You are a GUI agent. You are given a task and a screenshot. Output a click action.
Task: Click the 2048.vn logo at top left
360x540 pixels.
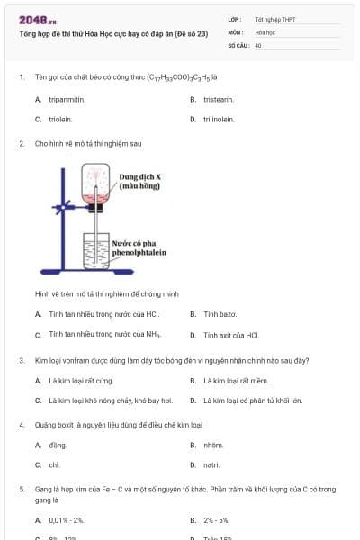[38, 19]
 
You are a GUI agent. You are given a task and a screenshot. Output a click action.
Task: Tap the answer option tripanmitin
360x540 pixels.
[67, 99]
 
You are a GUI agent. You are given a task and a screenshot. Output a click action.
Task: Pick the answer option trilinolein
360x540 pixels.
[219, 119]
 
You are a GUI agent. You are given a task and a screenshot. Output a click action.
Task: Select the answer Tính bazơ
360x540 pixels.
[220, 314]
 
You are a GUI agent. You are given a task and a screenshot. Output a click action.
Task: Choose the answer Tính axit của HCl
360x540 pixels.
[231, 335]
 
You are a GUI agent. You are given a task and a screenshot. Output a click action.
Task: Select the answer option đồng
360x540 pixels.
[58, 445]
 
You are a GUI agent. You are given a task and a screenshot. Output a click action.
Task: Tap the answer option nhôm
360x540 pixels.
[212, 445]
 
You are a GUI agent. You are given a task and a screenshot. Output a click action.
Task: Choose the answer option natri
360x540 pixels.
[211, 464]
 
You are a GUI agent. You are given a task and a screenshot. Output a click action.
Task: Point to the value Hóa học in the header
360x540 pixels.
[265, 31]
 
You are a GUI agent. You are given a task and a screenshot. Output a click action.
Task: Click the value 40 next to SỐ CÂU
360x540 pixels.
[258, 44]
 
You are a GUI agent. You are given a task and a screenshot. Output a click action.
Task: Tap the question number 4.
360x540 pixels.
[21, 424]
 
